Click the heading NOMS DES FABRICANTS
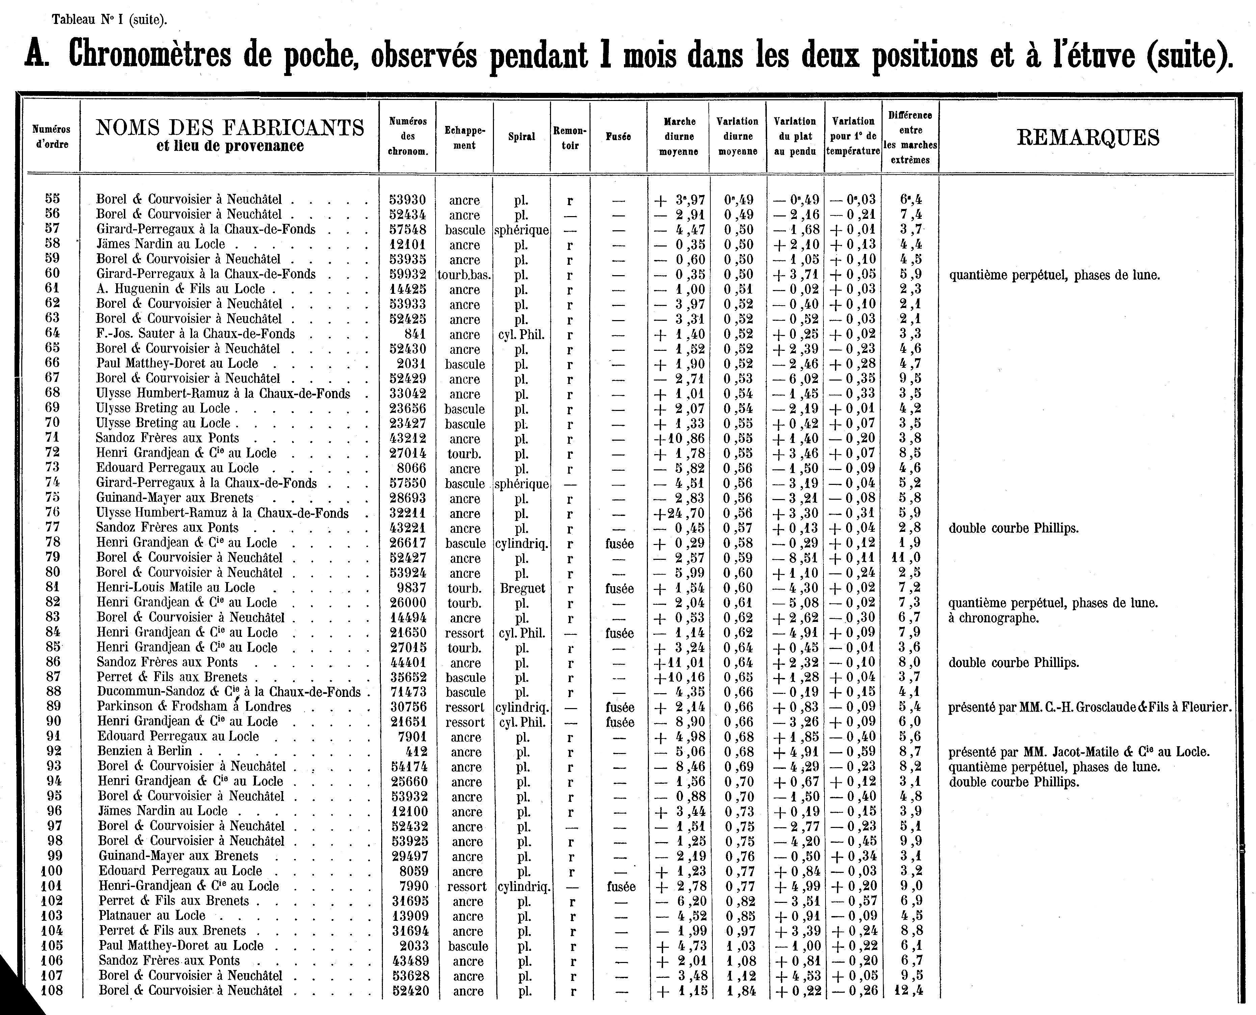tap(230, 127)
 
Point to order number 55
tap(53, 199)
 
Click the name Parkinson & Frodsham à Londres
tap(194, 706)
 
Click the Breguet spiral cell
tap(522, 588)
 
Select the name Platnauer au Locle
tap(152, 916)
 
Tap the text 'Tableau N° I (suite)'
tap(109, 19)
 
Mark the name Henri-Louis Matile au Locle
tap(176, 588)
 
